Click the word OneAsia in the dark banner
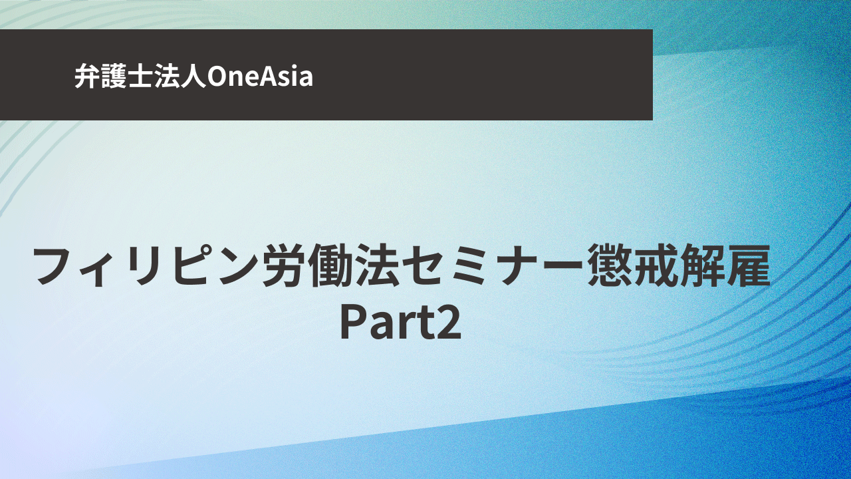click(x=260, y=76)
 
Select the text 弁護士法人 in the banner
click(x=140, y=76)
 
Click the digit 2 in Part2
click(x=449, y=321)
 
